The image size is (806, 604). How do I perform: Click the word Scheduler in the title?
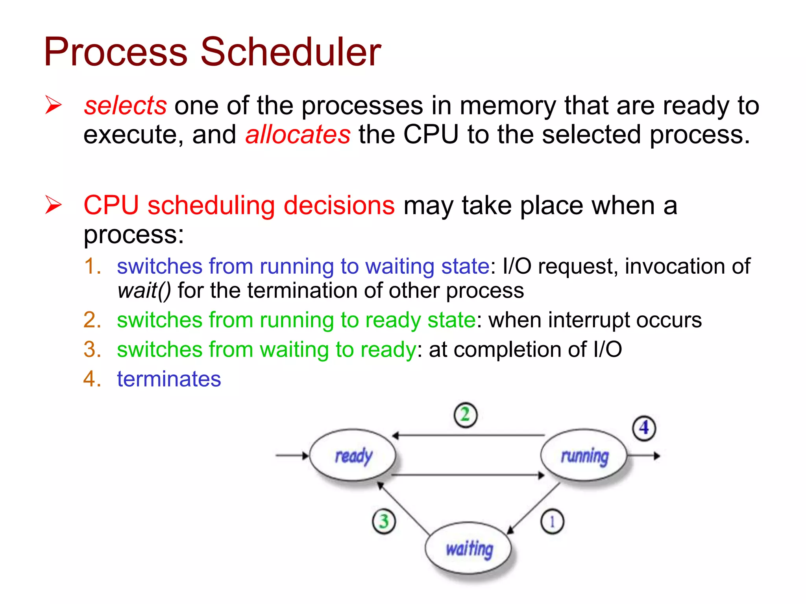290,52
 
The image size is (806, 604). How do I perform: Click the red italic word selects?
125,106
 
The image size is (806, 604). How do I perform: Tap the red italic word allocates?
298,134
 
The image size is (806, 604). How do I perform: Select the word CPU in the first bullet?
431,134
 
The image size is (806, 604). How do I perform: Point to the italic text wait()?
144,291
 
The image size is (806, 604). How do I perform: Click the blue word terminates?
169,379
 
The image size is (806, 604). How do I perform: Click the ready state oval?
353,455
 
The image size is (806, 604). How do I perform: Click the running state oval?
584,455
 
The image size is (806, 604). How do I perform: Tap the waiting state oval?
468,548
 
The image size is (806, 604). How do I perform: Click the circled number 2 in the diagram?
465,415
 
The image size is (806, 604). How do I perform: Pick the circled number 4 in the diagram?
644,428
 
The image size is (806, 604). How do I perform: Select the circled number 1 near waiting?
552,522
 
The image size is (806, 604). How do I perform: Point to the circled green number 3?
384,521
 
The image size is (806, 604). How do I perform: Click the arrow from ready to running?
468,475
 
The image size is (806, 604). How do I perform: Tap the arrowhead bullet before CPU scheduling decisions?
54,205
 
